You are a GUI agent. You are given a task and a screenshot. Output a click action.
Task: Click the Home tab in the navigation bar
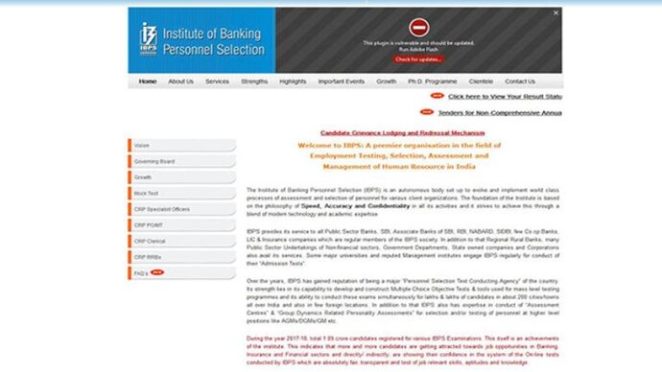pos(147,81)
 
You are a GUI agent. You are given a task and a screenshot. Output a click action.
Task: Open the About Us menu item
pos(180,81)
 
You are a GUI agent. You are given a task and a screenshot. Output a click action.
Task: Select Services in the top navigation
pos(217,81)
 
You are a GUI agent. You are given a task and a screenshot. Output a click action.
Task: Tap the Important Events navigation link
pos(341,81)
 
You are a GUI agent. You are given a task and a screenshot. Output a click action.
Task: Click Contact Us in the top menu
pos(519,81)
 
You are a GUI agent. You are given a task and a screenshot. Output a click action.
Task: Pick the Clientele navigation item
pos(481,81)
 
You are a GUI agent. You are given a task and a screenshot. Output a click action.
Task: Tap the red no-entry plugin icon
pos(417,28)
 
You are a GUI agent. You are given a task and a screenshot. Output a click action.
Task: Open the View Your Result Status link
pos(504,97)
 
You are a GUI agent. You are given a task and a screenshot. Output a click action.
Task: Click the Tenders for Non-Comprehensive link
pos(499,113)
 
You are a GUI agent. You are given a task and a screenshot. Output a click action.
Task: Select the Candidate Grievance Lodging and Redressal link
pos(402,132)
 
